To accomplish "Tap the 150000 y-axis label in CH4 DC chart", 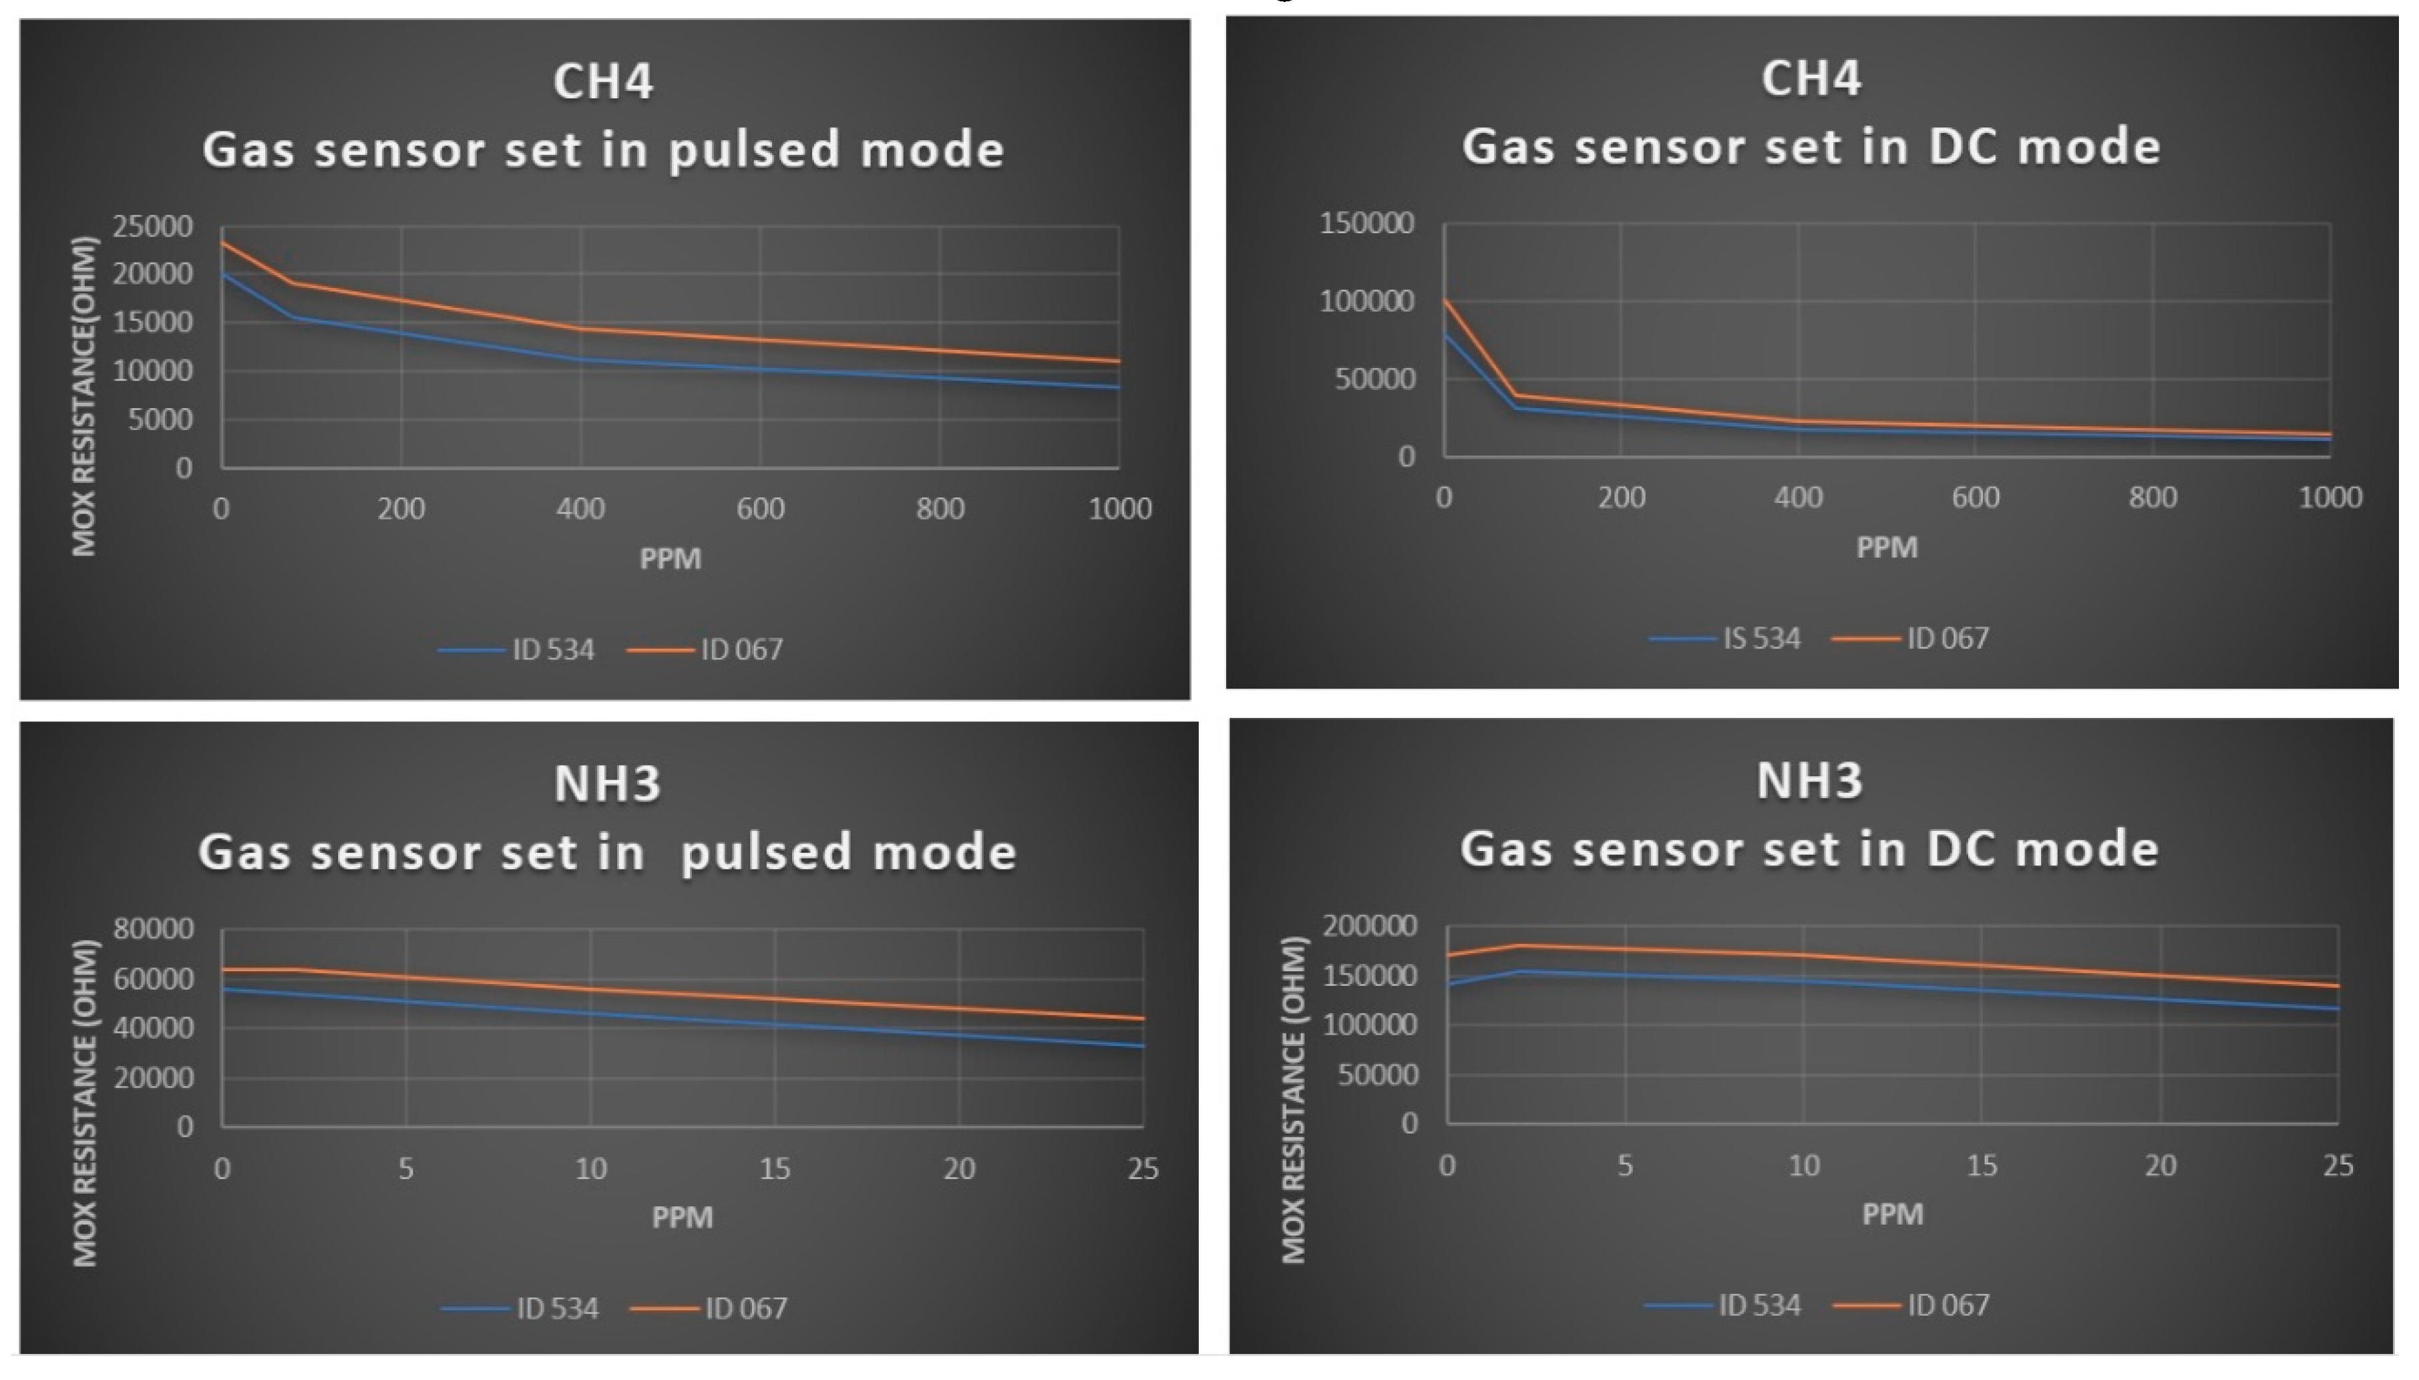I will coord(1366,224).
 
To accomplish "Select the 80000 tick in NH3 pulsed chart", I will coord(154,929).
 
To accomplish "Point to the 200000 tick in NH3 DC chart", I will coord(1370,926).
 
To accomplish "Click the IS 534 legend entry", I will coord(1760,639).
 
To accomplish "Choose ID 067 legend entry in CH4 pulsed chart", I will coord(741,650).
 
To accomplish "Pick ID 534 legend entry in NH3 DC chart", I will coord(1758,1306).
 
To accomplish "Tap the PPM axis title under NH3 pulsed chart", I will coord(681,1217).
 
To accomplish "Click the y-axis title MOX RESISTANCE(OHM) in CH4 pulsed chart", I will coord(84,396).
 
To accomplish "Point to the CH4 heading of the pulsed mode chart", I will coord(602,81).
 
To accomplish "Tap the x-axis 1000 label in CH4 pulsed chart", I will coord(1119,509).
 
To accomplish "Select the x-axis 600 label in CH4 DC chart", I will coord(1975,498).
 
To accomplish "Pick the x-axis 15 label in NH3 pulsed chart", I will coord(774,1169).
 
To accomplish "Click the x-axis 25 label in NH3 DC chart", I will coord(2338,1166).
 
